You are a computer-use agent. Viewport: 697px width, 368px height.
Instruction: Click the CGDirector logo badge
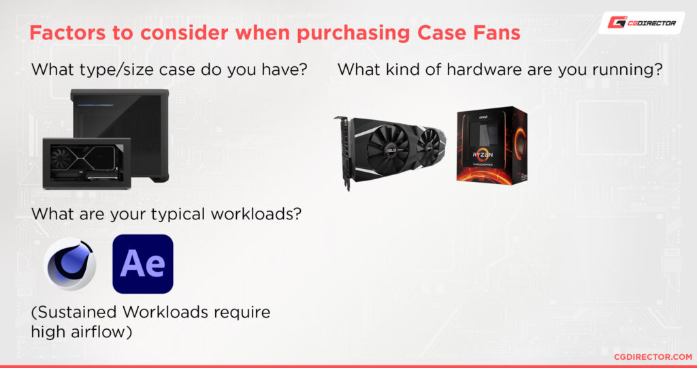641,22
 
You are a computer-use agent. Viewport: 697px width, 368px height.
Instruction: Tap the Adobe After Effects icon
143,264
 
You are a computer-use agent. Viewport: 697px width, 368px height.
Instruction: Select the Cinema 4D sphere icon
70,264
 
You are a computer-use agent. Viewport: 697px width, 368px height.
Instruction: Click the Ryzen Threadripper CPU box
491,144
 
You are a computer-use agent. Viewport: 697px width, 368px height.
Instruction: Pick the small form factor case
86,162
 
